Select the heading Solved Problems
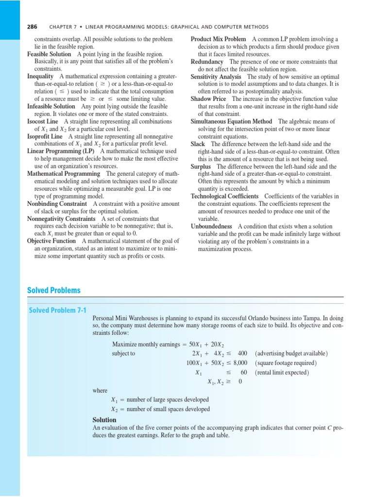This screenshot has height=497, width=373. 54,290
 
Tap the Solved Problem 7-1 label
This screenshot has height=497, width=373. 57,310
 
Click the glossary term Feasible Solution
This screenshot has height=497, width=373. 49,54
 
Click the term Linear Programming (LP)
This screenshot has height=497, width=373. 61,151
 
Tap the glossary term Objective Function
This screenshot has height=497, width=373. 51,241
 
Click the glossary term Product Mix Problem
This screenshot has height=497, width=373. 218,39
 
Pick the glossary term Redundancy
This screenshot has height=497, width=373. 207,62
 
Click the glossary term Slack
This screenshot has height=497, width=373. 198,144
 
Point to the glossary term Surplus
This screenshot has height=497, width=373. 201,166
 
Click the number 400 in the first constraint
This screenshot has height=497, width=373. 242,353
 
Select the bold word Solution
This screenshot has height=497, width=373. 104,419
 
